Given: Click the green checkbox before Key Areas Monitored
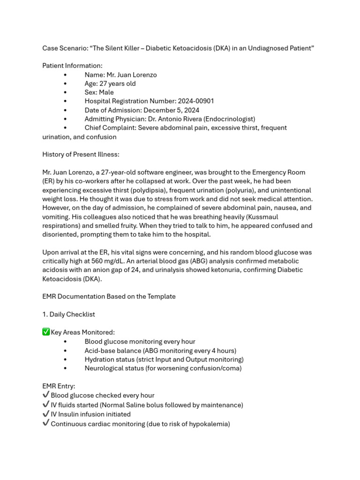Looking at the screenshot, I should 46,332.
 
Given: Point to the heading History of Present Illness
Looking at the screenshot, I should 81,154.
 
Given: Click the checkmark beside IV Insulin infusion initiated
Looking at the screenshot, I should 46,414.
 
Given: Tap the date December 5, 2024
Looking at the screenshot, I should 171,110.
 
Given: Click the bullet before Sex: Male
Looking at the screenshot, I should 65,92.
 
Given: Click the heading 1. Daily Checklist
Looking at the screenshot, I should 68,315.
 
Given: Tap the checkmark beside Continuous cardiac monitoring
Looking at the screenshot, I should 46,423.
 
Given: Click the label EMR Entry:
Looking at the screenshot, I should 59,386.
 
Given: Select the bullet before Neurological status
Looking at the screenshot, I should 65,368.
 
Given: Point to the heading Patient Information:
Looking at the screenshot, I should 72,66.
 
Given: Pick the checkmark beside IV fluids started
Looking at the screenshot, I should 46,405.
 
